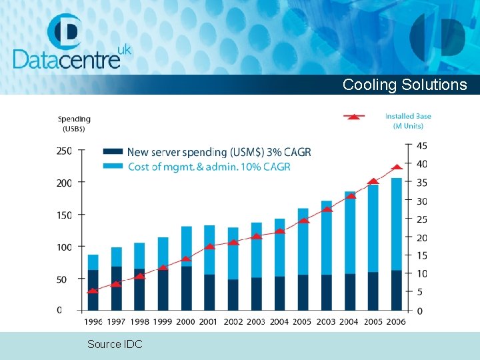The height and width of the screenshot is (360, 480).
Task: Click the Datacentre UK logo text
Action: click(x=67, y=58)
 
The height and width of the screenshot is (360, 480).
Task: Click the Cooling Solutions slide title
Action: click(x=405, y=85)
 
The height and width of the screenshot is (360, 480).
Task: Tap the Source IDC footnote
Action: click(x=114, y=344)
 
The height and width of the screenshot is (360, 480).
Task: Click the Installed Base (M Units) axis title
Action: click(x=408, y=121)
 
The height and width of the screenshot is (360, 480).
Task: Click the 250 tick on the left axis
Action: click(x=64, y=151)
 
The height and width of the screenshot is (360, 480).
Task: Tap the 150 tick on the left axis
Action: click(x=64, y=215)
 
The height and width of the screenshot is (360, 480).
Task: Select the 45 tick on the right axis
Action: click(x=422, y=146)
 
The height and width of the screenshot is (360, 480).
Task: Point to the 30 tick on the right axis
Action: click(x=422, y=201)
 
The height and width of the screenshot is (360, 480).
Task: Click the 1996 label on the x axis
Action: click(x=93, y=322)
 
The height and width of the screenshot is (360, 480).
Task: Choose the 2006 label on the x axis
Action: click(x=396, y=322)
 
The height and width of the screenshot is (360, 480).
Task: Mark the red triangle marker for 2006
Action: click(x=396, y=167)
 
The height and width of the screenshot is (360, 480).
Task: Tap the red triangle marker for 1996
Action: click(x=93, y=291)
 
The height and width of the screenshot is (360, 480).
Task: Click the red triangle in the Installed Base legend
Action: click(x=355, y=117)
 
